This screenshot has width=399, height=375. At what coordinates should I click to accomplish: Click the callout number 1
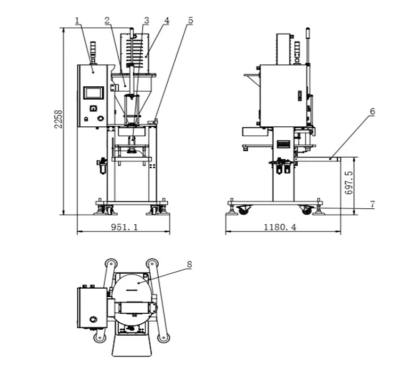coord(77,20)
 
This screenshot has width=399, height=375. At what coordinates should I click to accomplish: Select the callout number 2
coord(108,20)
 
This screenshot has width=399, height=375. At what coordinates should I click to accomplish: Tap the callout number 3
coord(146,20)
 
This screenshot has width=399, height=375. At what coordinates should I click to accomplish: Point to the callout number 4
coord(166,20)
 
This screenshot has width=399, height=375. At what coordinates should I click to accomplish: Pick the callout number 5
coord(190,20)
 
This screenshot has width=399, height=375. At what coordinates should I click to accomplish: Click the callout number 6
coord(372,111)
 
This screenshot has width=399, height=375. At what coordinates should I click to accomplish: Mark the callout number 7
coord(372,204)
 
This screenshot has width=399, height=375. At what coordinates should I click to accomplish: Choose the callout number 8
coord(189,264)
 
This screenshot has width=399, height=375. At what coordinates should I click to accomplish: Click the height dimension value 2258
coord(59,119)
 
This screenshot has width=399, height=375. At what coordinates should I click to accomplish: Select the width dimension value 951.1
coord(125,227)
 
